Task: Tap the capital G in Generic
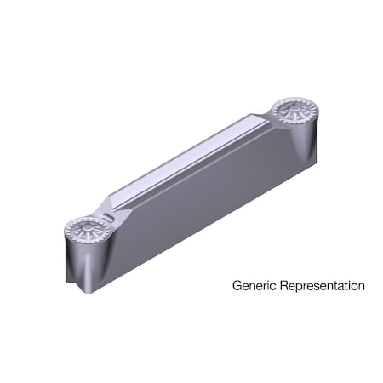pyautogui.click(x=237, y=286)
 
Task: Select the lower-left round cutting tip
pyautogui.click(x=86, y=230)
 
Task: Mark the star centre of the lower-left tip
pyautogui.click(x=85, y=230)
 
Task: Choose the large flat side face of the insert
pyautogui.click(x=204, y=204)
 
